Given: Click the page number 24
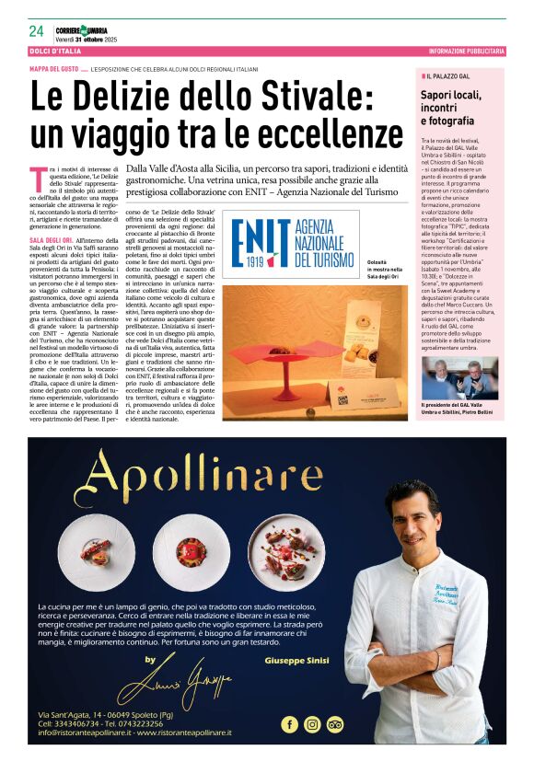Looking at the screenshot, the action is pyautogui.click(x=36, y=30).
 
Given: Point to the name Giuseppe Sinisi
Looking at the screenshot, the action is pyautogui.click(x=296, y=662).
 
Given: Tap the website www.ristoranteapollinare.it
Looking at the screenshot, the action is pyautogui.click(x=173, y=733).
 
